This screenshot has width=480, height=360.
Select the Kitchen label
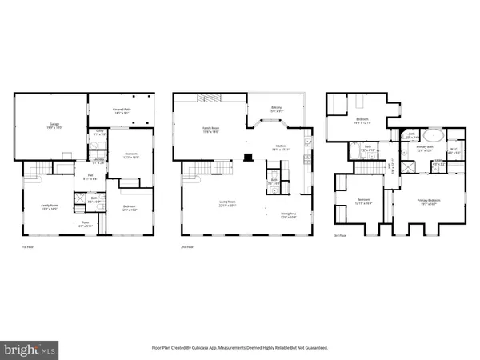click(x=280, y=148)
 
